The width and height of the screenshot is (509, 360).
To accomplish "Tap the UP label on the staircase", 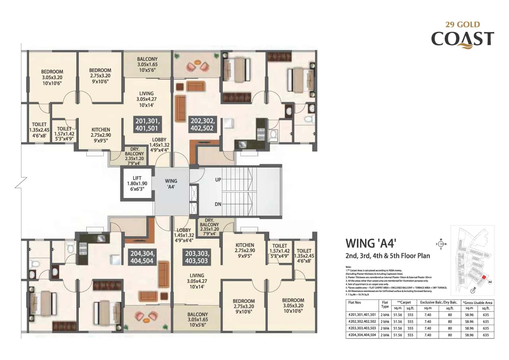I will (218, 180).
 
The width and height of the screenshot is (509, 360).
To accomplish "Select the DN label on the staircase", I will (218, 204).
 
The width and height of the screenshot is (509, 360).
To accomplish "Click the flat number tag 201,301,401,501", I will (148, 125).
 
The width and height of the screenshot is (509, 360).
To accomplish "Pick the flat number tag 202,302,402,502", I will (203, 125).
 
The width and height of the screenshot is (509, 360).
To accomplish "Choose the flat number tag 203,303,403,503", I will (196, 257).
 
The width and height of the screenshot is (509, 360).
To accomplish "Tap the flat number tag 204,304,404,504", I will (142, 257).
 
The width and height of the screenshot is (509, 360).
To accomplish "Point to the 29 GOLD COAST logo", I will (462, 36).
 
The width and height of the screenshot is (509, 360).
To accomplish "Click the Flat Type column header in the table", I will (385, 304).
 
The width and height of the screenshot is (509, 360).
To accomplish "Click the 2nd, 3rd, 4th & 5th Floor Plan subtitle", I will (388, 255).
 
